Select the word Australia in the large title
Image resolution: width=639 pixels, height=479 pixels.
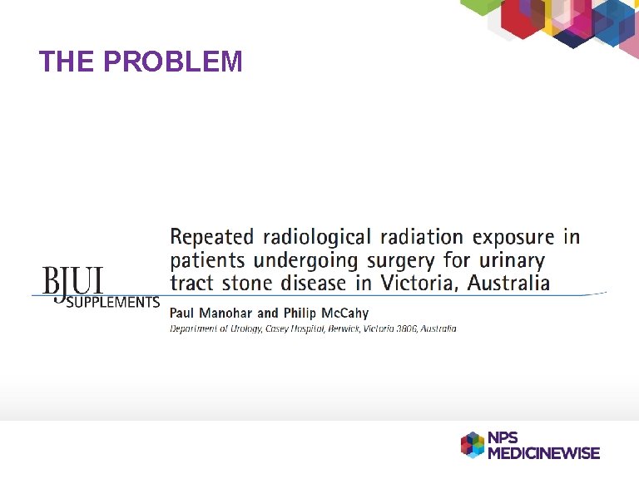[508, 283]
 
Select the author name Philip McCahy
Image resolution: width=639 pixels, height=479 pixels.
[324, 314]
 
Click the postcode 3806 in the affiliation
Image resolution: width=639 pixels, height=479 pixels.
[404, 329]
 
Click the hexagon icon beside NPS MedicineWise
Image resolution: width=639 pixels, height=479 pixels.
[473, 445]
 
